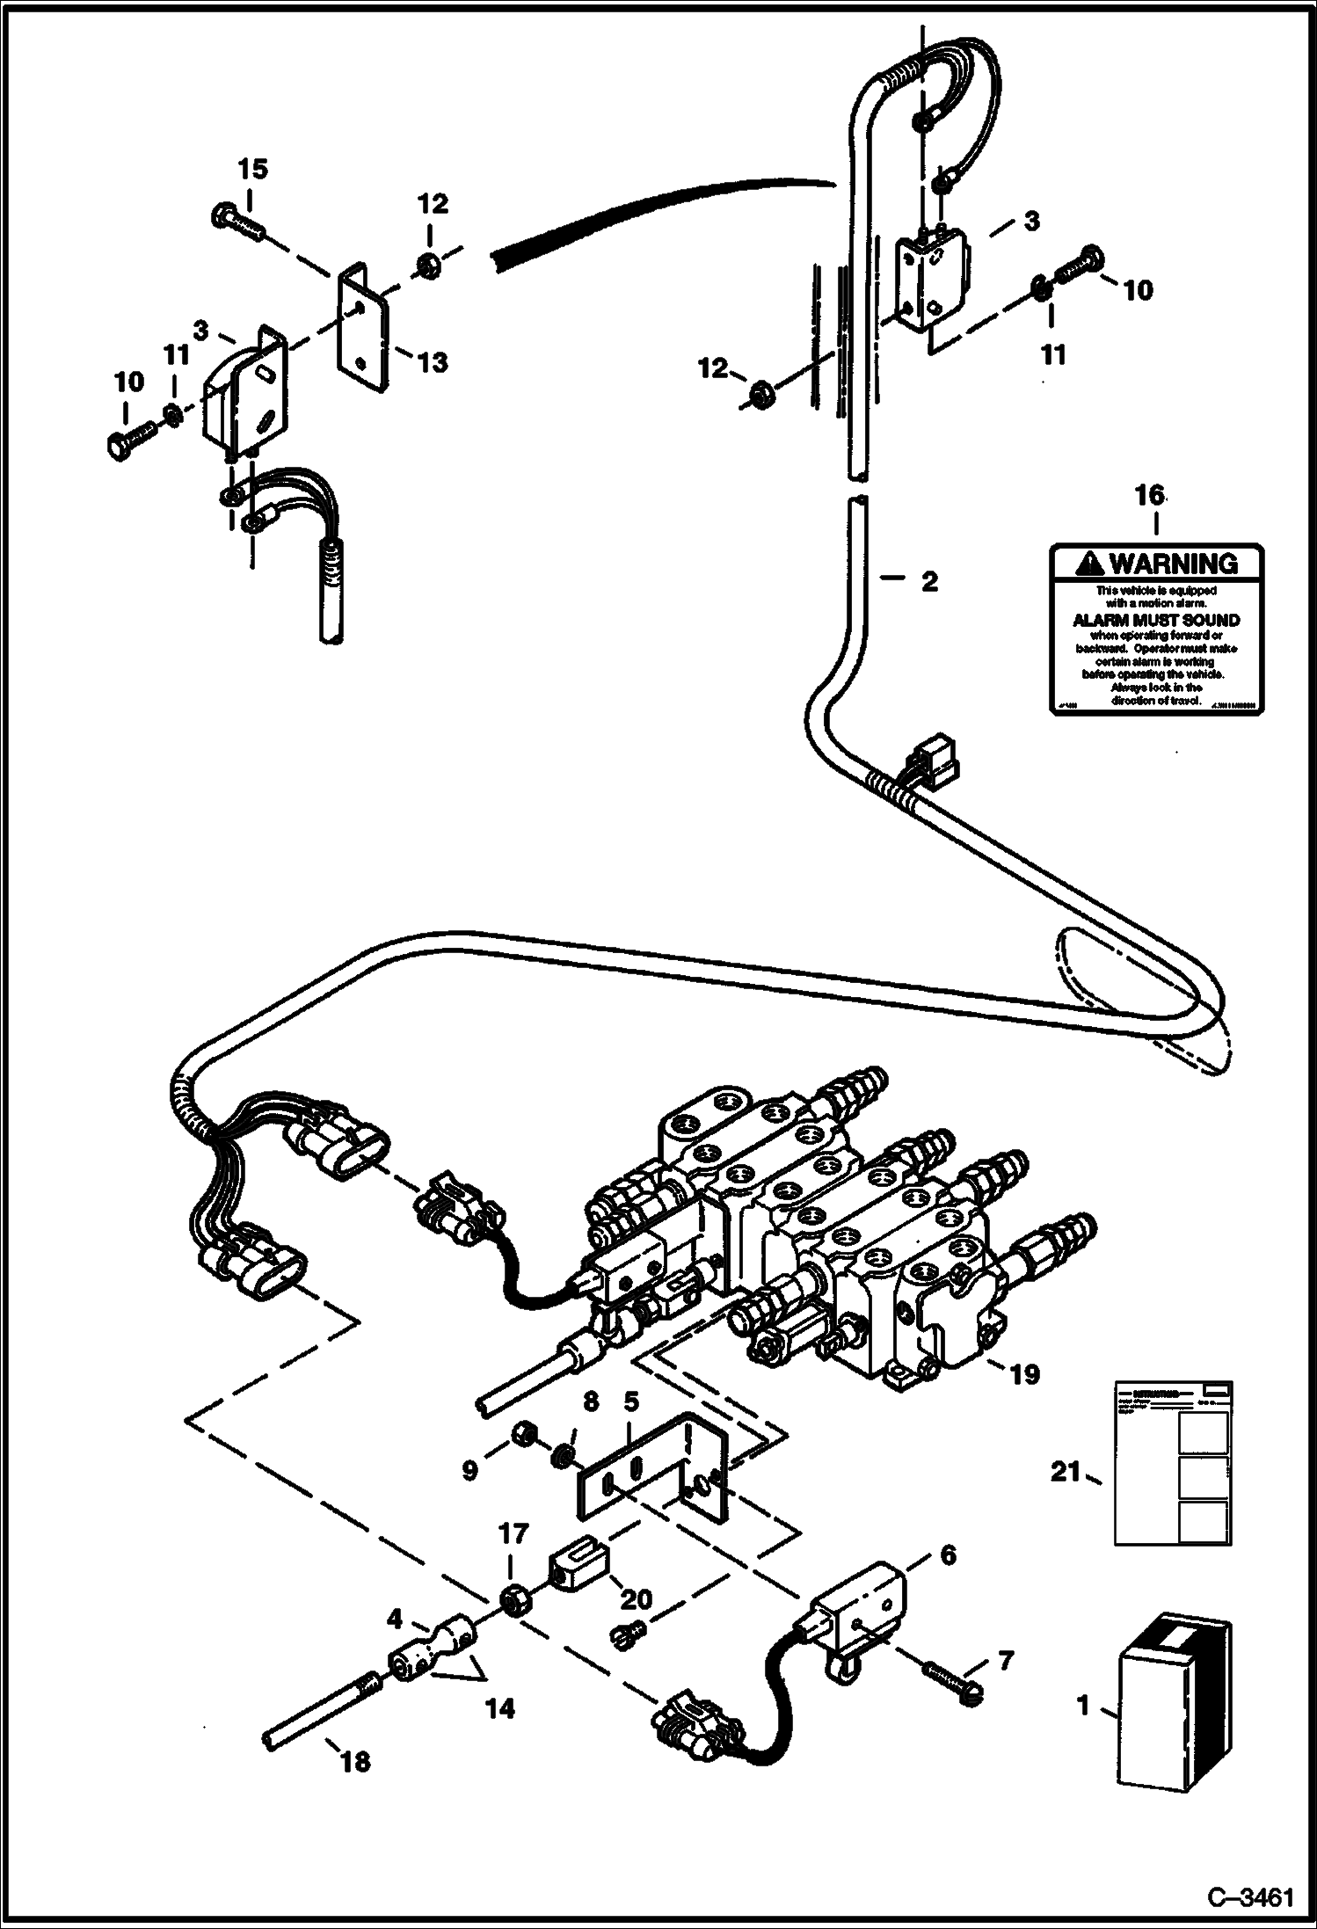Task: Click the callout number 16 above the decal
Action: [1149, 495]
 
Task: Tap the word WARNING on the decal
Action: [1173, 563]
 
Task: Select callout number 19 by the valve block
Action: [1024, 1373]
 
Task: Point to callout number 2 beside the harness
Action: [928, 581]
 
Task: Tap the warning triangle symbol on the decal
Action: [1089, 563]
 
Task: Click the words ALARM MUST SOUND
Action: [1156, 620]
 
